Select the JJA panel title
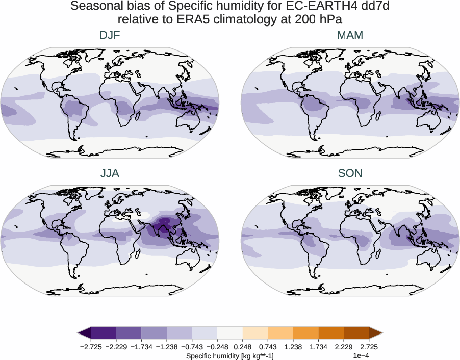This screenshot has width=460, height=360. pyautogui.click(x=110, y=173)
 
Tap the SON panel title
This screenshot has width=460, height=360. pyautogui.click(x=350, y=173)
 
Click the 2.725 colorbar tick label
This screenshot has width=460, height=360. pyautogui.click(x=369, y=347)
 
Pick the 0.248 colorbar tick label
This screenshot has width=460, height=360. pyautogui.click(x=243, y=347)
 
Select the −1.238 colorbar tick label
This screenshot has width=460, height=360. pyautogui.click(x=167, y=347)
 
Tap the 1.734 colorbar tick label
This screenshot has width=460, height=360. pyautogui.click(x=318, y=347)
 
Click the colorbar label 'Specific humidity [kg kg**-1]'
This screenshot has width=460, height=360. pyautogui.click(x=230, y=355)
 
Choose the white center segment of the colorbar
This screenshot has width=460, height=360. pyautogui.click(x=230, y=333)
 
